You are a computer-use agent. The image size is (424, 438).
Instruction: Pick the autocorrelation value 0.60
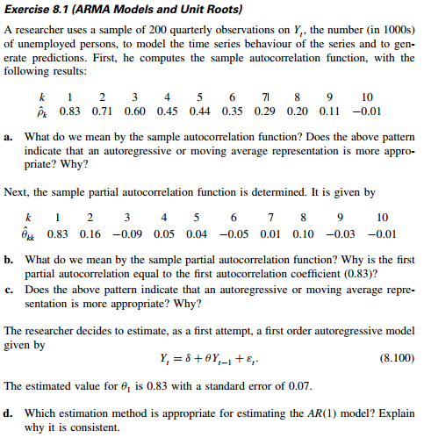coord(136,113)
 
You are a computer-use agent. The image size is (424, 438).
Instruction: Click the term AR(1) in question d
coord(280,411)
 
